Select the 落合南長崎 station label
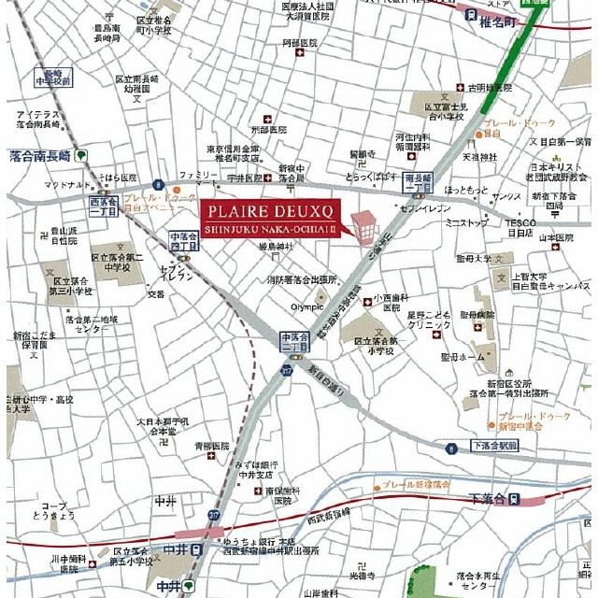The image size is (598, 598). (x=39, y=156)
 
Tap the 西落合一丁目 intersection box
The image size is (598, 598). (x=103, y=206)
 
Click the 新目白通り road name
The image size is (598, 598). (x=326, y=383)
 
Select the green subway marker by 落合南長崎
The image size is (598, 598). (x=83, y=156)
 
